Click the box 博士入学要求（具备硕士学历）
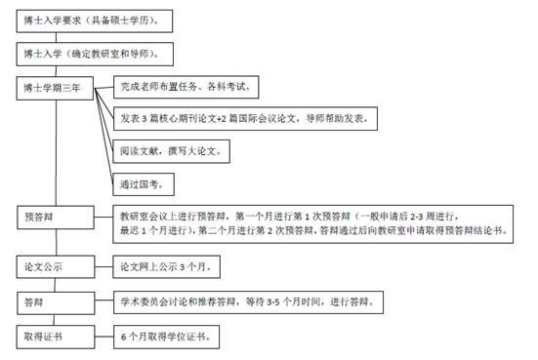pos(95,21)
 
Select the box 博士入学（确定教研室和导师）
pos(95,55)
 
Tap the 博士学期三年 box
pos(55,89)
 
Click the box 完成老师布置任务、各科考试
pos(186,87)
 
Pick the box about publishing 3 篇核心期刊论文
pos(245,119)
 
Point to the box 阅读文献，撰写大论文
pos(171,151)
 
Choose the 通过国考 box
pos(144,184)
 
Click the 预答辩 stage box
pos(56,218)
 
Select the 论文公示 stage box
pos(56,266)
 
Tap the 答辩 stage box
pos(56,303)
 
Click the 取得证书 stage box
pos(56,337)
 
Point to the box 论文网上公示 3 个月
pos(166,266)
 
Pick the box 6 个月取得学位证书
pos(166,337)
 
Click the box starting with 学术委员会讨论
pos(248,302)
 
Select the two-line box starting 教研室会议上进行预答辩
pos(312,224)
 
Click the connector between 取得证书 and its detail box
pos(103,337)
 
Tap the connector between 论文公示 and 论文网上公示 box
pos(103,266)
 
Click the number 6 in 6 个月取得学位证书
pos(124,338)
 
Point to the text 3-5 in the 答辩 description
pos(273,302)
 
